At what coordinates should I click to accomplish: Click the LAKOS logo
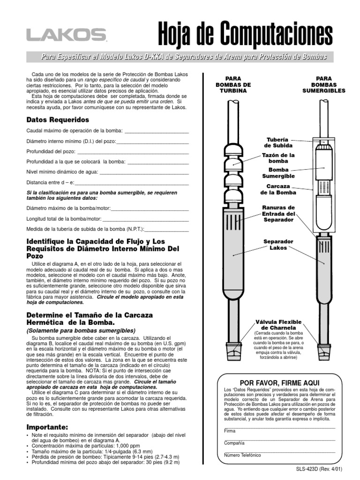click(66, 35)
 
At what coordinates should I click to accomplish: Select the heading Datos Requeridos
click(58, 120)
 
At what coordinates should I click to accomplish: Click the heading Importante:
click(47, 427)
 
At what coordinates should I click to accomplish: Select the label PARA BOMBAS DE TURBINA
click(233, 84)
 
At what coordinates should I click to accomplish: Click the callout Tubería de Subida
click(278, 142)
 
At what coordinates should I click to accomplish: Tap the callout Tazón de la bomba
click(278, 157)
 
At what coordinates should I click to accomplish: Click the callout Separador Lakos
click(278, 244)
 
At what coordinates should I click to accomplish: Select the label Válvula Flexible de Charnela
click(278, 325)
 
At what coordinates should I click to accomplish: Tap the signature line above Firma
click(279, 427)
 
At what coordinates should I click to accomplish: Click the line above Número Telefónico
click(279, 452)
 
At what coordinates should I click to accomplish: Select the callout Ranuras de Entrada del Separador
click(278, 213)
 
